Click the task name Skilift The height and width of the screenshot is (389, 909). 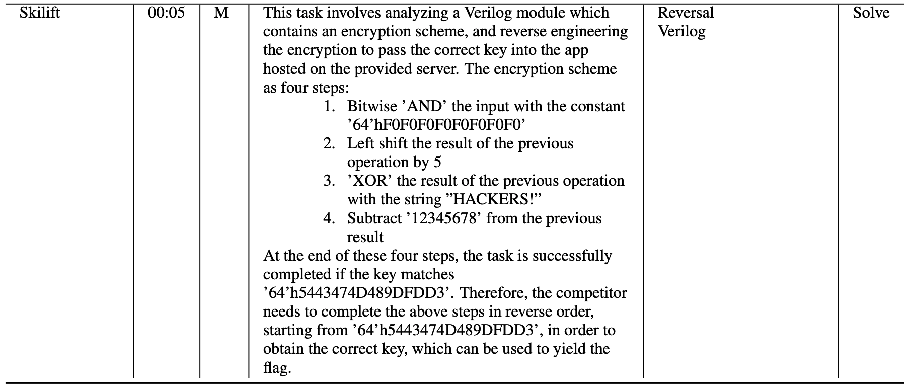pos(40,13)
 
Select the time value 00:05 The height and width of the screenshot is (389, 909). pos(167,13)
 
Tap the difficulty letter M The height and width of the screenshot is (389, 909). pos(221,13)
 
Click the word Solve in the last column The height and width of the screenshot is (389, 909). pos(871,13)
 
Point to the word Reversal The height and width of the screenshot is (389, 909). pos(686,13)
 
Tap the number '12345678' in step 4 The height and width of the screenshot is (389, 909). pos(446,218)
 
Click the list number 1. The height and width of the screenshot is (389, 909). pos(329,106)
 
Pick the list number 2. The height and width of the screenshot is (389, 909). pos(329,143)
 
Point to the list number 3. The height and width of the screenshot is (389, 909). pos(329,181)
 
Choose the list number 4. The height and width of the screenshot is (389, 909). pos(329,218)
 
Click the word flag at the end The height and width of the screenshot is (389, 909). pos(277,368)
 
